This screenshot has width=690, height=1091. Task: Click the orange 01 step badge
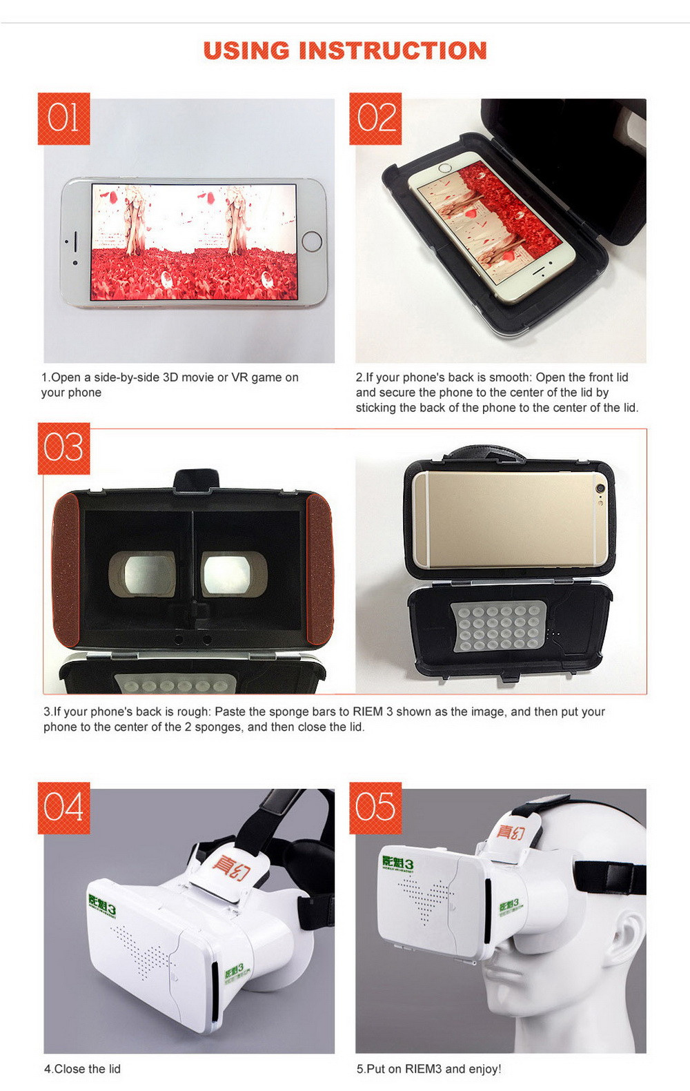click(x=63, y=119)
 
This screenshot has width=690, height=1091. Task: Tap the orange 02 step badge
click(x=375, y=119)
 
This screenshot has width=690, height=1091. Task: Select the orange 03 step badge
click(x=63, y=448)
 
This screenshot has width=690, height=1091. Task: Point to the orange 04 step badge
click(x=63, y=808)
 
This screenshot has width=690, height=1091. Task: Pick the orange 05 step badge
click(x=375, y=808)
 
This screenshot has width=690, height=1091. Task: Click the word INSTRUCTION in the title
click(x=393, y=50)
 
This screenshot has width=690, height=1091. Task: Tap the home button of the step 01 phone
click(x=312, y=242)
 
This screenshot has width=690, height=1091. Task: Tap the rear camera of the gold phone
click(x=600, y=488)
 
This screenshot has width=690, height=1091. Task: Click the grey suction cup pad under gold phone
click(x=498, y=627)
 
